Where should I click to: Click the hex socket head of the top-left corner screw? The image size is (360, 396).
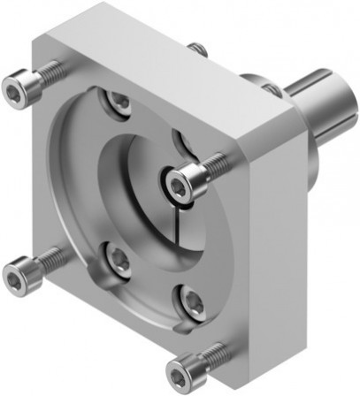point(14,87)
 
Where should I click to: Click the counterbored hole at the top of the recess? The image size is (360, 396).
point(117,102)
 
